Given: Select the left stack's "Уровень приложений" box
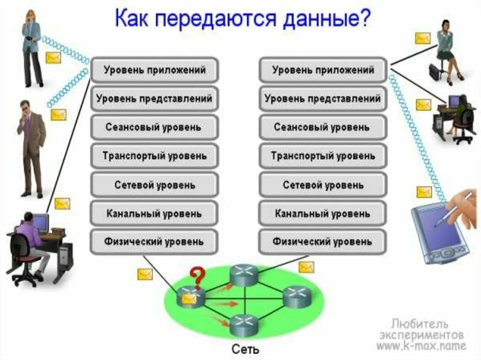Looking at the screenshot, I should [x=155, y=70].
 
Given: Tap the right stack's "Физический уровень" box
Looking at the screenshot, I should [x=322, y=242].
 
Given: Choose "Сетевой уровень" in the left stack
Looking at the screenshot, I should [x=155, y=185].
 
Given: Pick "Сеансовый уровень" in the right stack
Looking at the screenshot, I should [x=322, y=127].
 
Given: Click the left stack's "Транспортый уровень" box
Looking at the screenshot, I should [x=155, y=156].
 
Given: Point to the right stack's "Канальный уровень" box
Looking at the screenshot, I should [x=322, y=214].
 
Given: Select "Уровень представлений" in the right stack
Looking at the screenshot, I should [x=322, y=99].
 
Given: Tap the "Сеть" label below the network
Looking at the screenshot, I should [x=245, y=350].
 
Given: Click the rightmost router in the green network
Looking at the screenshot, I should [x=297, y=296].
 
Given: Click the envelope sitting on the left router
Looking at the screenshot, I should [x=189, y=299].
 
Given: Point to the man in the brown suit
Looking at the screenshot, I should [x=32, y=146].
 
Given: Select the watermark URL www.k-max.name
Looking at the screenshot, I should [x=421, y=346].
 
